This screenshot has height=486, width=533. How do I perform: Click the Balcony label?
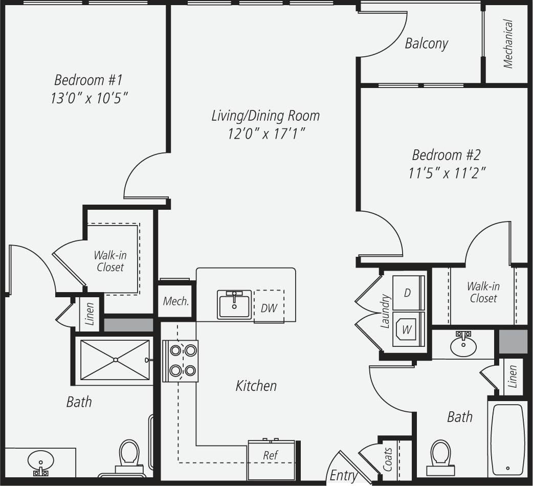click(426, 43)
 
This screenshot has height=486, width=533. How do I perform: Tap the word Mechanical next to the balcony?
click(508, 44)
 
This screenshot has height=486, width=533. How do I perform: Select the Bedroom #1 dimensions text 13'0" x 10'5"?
click(88, 98)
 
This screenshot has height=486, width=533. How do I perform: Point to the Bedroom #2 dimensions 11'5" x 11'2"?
click(446, 172)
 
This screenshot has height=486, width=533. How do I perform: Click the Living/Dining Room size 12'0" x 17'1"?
click(265, 134)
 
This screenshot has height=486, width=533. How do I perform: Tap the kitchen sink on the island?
click(234, 304)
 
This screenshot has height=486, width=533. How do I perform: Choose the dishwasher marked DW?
click(269, 307)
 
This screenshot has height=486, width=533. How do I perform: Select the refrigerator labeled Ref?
click(271, 455)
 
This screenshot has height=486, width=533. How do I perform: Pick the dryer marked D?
click(408, 293)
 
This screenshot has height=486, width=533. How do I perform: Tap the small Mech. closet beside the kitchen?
click(176, 301)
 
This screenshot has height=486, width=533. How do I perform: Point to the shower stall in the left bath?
click(115, 360)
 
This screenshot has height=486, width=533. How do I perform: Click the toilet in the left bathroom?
click(129, 456)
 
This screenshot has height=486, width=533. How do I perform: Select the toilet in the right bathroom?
click(440, 455)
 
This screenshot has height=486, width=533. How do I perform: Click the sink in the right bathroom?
click(463, 345)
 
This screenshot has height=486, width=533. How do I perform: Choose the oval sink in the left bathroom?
click(40, 460)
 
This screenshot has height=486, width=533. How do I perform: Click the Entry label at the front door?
click(343, 475)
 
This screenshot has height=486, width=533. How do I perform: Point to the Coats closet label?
click(388, 459)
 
